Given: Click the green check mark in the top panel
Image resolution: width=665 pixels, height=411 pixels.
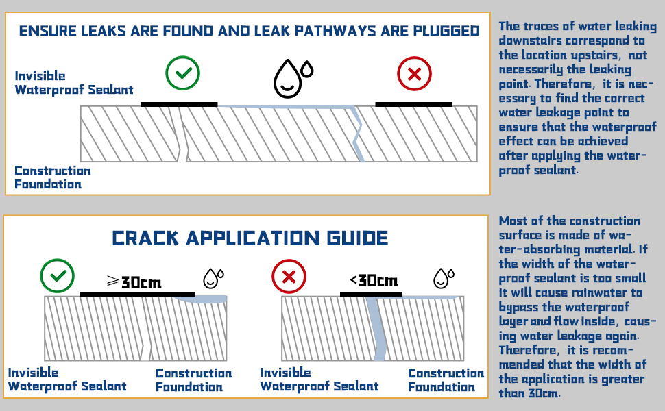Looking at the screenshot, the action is pos(182,73).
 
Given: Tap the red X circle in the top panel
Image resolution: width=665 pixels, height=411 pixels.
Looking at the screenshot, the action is pos(414,73).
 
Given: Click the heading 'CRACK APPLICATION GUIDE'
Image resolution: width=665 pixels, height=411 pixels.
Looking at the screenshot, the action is pos(250,238).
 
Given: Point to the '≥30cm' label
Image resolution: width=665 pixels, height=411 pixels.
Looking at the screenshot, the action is pos(134,281).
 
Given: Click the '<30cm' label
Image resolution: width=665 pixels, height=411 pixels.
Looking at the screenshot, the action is pos(374,280).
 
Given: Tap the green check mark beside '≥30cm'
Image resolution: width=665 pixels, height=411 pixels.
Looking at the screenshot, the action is pos(58,277).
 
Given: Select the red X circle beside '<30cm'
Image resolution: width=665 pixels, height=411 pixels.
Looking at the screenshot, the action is pos(289,277).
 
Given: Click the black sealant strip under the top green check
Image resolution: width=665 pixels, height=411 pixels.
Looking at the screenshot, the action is pos(179,104).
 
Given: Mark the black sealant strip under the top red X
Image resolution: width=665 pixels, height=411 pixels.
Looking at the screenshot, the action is pos(414,104).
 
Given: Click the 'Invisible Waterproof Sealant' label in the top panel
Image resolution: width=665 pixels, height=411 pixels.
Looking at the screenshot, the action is pos(73,83).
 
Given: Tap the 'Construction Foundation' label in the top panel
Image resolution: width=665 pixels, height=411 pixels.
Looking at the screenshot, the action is pos(52,177).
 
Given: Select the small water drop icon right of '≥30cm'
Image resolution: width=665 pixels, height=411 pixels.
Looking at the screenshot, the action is pos(213,277).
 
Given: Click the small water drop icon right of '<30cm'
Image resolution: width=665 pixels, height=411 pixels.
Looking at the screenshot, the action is pos(444,277).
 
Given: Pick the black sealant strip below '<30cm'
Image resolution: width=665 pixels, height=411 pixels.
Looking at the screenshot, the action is pos(371,294).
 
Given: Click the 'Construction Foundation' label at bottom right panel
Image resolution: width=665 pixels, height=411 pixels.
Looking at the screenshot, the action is pos(446,380).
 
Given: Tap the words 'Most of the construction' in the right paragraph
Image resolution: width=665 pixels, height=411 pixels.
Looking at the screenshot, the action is pos(569,221).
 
